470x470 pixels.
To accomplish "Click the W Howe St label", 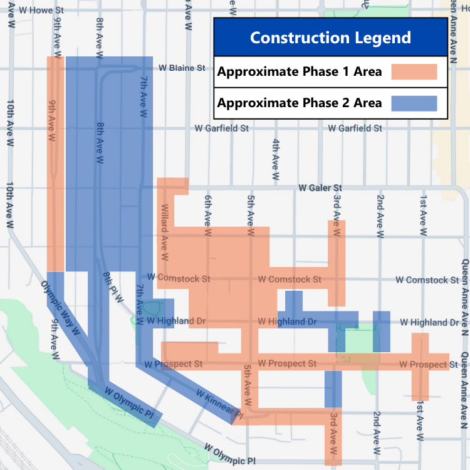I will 41,11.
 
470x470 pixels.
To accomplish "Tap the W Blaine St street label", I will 182,67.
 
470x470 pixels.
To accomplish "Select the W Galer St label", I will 320,187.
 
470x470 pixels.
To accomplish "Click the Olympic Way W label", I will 61,300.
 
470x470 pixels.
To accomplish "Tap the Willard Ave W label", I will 165,232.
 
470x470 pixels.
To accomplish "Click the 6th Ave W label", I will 208,211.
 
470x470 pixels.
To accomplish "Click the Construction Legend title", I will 330,37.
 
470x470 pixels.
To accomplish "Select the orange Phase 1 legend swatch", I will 414,71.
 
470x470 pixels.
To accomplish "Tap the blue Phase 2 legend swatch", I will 414,103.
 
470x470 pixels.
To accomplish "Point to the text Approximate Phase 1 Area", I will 300,71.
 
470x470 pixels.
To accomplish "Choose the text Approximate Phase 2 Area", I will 300,103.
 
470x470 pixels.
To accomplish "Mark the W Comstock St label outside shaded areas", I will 427,280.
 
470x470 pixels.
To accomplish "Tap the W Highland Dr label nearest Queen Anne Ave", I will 429,322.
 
